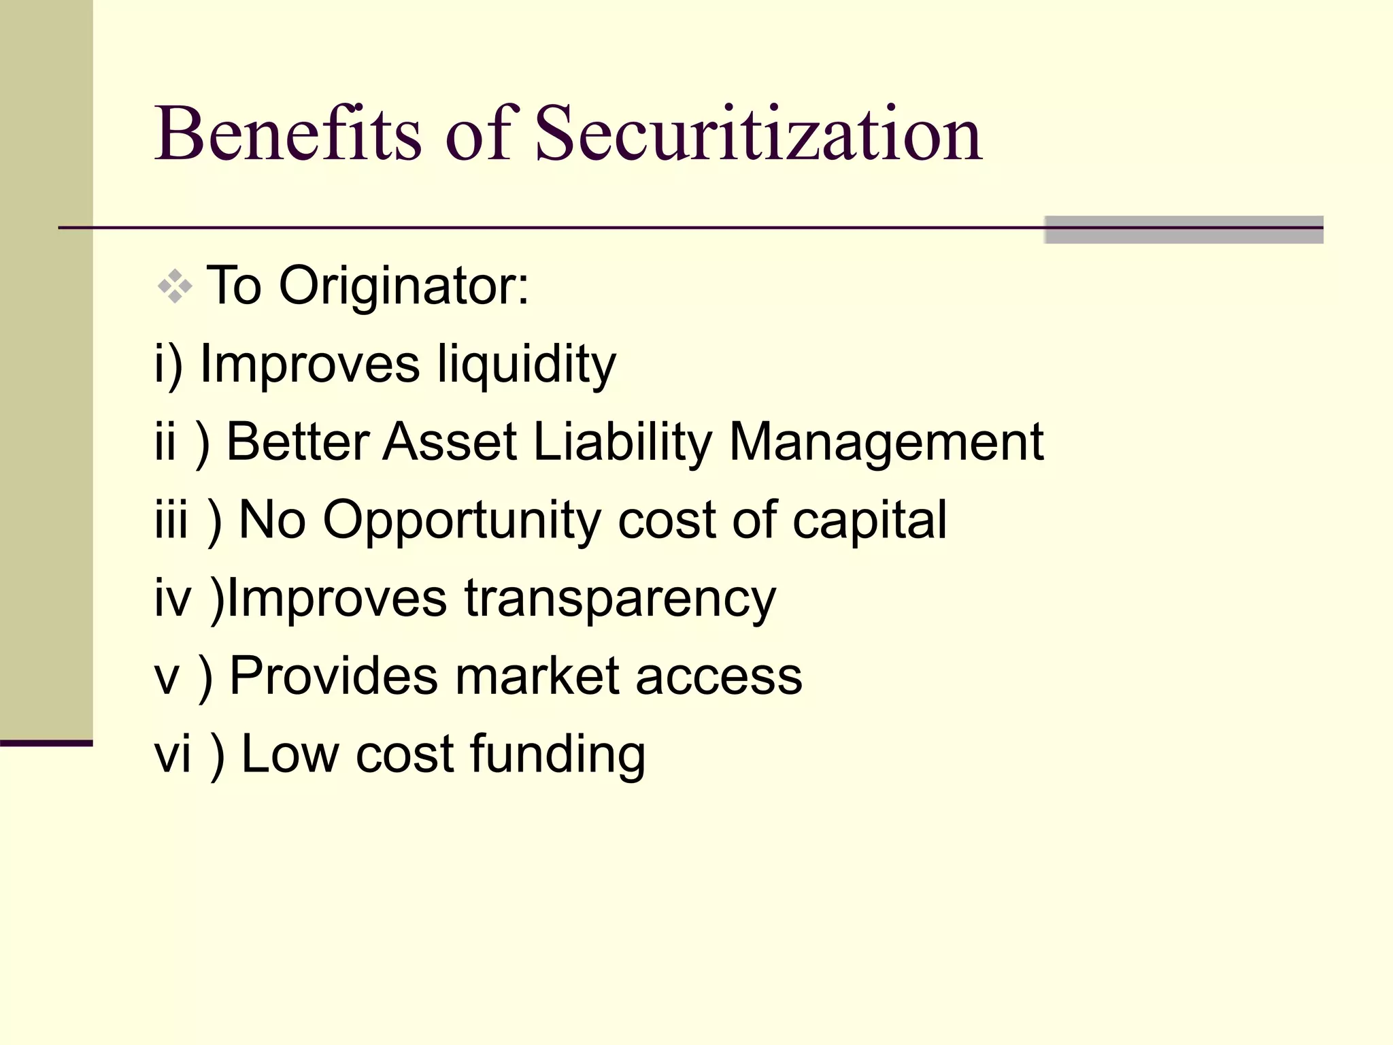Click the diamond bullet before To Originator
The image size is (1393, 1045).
175,286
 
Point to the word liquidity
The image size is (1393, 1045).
526,365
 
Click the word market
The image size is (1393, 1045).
537,676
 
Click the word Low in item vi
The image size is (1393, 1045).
290,754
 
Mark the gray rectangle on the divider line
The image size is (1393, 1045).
1184,229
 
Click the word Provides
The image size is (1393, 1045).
334,676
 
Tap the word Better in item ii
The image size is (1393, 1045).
298,442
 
